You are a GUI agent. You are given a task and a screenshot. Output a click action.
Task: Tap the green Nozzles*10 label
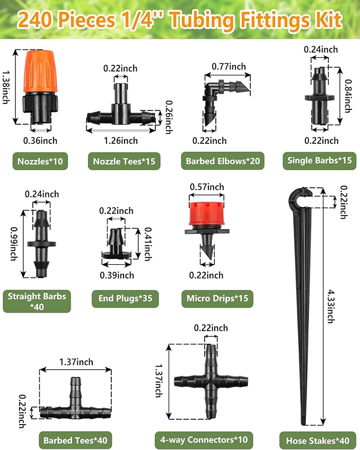40,161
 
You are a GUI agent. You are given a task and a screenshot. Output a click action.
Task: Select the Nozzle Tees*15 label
124,161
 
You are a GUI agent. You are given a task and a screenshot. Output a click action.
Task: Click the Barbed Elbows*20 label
223,161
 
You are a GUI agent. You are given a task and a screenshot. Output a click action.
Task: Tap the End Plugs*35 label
125,298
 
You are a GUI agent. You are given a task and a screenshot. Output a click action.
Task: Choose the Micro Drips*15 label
217,298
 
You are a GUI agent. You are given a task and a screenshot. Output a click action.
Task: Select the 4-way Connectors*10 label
204,439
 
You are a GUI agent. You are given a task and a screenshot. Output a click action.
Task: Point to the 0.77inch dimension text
229,66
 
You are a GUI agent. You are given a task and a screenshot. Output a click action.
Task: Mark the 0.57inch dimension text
207,187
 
